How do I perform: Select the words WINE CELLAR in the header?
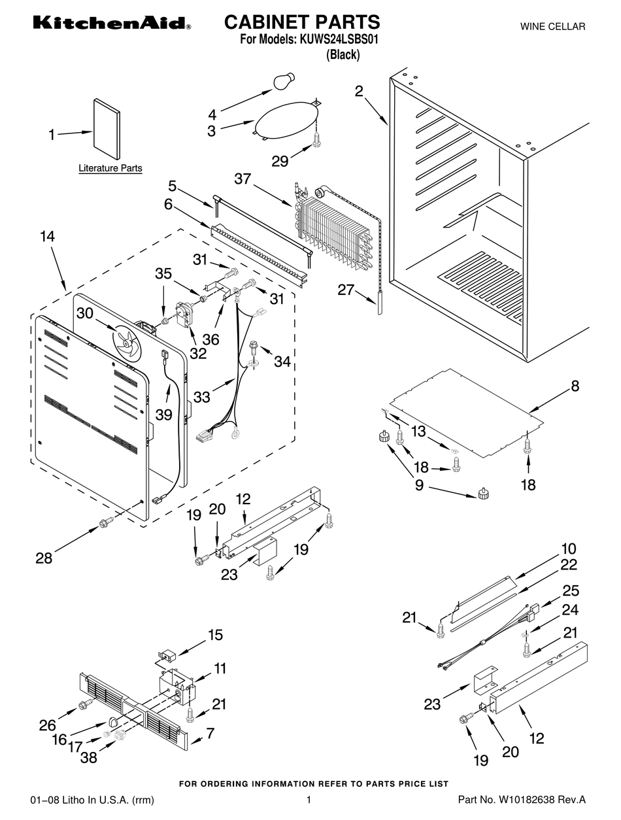tap(552, 27)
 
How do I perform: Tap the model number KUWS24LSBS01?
tap(339, 40)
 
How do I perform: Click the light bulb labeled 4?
tap(282, 82)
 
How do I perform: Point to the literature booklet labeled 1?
tap(107, 129)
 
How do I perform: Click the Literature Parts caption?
tap(110, 169)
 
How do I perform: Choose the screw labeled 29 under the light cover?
tap(318, 138)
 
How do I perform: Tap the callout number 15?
tap(215, 635)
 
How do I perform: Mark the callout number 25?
tap(571, 590)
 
